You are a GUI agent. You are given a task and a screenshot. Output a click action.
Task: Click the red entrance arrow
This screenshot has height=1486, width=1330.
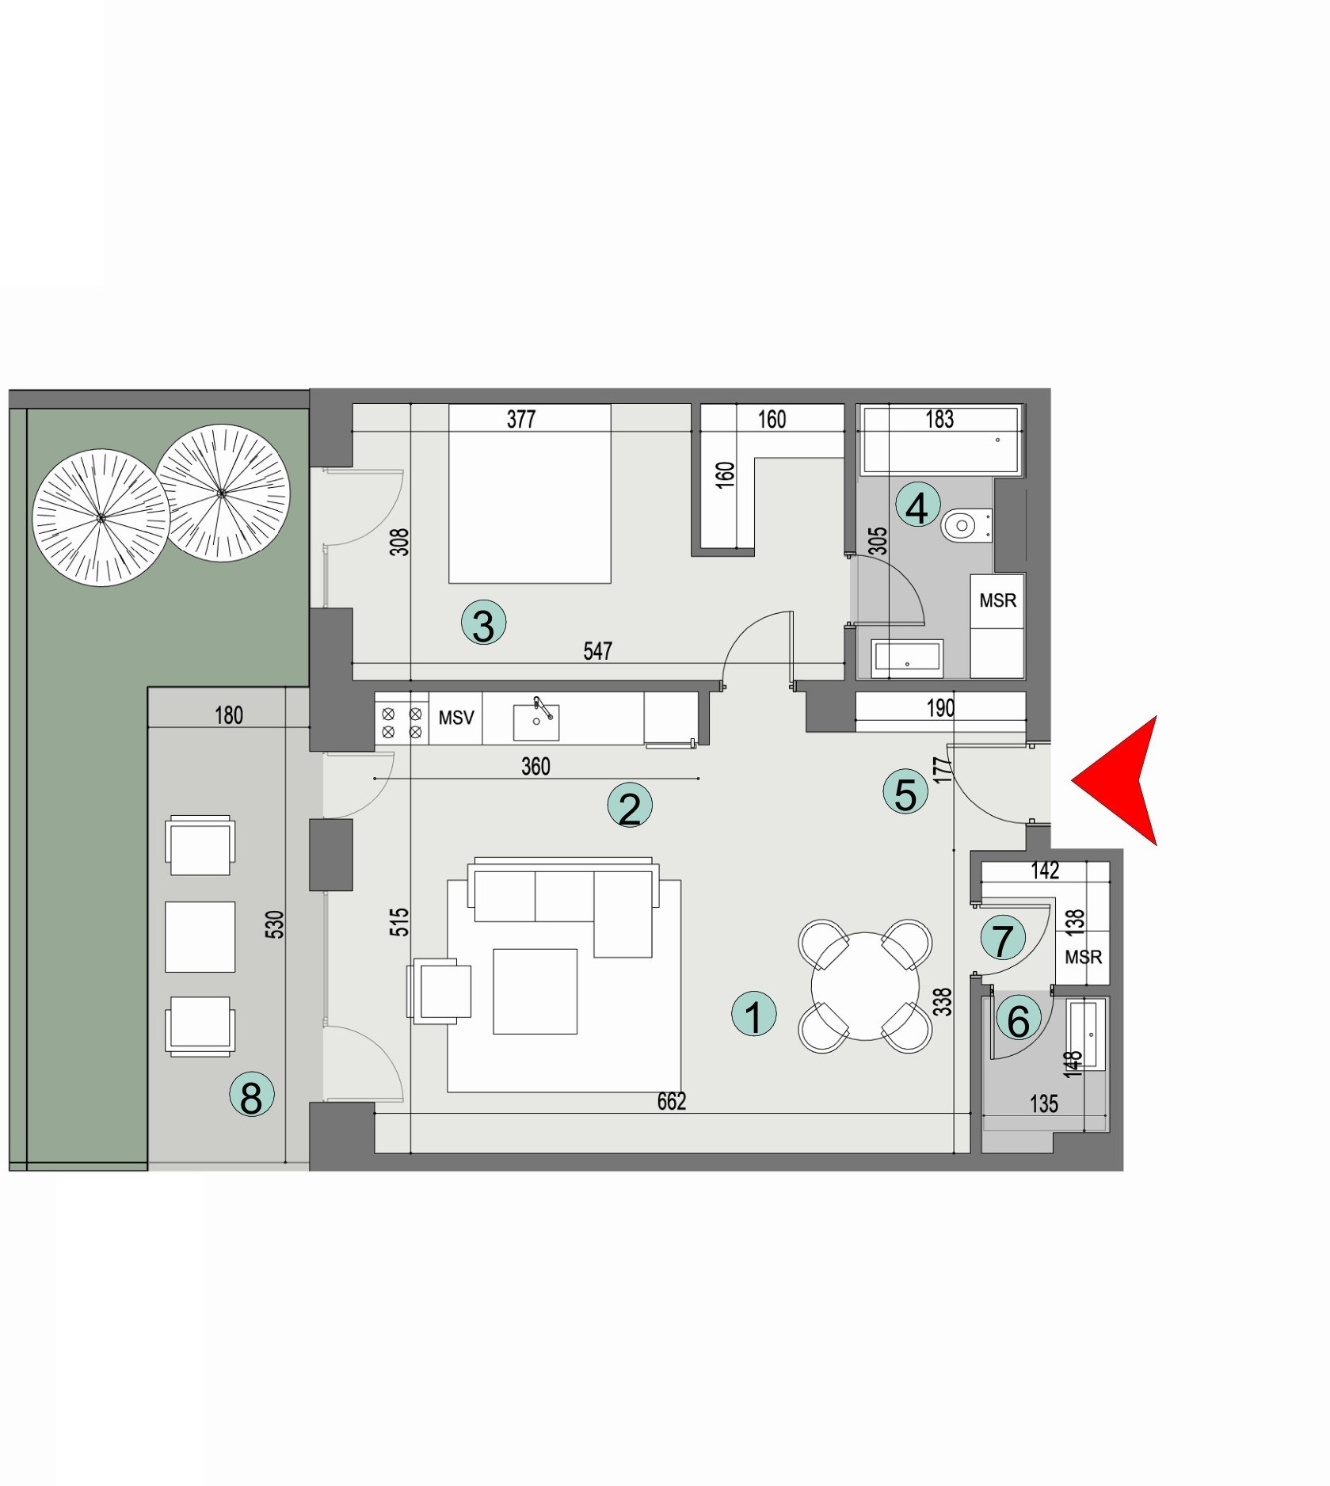(x=1121, y=781)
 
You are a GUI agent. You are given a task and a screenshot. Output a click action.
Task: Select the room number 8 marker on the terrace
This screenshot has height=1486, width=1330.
(x=251, y=1096)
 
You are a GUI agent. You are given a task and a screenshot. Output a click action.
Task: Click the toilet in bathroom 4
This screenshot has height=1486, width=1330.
(x=963, y=525)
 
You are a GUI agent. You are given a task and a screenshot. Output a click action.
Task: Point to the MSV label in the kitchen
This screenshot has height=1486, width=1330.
(x=456, y=718)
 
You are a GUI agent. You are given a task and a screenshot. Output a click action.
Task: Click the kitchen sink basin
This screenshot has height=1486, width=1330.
(x=536, y=721)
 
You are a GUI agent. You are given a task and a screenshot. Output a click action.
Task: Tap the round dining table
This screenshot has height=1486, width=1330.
(x=865, y=986)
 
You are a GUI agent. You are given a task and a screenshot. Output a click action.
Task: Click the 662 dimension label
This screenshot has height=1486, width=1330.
(x=671, y=1102)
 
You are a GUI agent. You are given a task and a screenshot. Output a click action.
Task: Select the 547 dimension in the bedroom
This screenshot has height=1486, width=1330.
(x=598, y=651)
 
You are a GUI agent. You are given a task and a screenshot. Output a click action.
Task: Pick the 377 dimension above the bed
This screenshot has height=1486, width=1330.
(x=521, y=419)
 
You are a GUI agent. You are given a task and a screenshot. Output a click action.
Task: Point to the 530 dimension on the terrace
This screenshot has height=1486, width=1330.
(x=274, y=925)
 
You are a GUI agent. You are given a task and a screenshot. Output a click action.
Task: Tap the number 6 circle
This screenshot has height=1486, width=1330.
(x=1018, y=1020)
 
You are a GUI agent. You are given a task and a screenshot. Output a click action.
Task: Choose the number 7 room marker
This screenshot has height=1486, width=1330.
(x=1003, y=939)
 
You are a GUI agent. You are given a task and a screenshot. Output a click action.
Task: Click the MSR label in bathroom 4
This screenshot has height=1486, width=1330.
(x=997, y=600)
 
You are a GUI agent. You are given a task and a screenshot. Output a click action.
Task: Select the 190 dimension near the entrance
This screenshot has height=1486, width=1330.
(x=940, y=708)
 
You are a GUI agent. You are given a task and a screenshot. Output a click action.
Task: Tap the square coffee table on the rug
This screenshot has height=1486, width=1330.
(x=535, y=991)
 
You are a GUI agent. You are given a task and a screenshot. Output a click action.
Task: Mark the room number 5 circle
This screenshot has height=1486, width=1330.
(x=905, y=794)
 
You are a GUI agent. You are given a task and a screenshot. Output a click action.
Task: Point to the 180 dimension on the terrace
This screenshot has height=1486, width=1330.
(x=229, y=716)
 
